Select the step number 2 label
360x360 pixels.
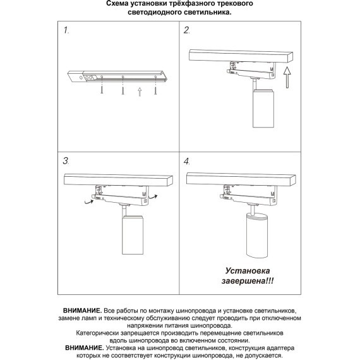click(x=187, y=30)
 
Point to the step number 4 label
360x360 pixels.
click(x=187, y=161)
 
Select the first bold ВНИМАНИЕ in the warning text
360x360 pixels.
click(x=82, y=312)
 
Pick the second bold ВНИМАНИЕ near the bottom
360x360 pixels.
click(x=85, y=348)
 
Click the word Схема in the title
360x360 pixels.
click(x=121, y=4)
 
